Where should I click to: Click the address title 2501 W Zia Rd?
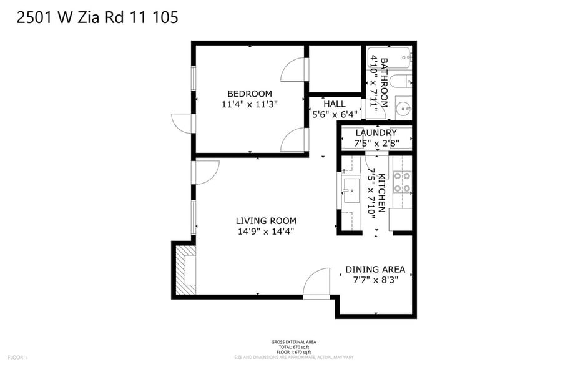click(x=97, y=17)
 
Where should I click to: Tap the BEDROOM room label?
click(x=249, y=94)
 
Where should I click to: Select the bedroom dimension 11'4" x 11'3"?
click(x=249, y=104)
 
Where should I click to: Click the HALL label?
click(x=334, y=104)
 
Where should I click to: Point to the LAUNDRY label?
click(x=376, y=133)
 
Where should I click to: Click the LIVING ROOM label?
click(x=266, y=220)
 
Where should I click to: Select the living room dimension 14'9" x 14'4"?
click(x=266, y=231)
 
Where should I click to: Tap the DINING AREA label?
click(x=375, y=270)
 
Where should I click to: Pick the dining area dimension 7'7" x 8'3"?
click(x=375, y=280)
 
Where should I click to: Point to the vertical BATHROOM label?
click(x=383, y=82)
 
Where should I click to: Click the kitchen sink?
click(x=352, y=186)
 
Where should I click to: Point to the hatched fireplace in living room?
click(x=185, y=268)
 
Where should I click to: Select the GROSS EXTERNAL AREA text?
click(x=293, y=342)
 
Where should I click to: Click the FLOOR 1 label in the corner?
click(x=17, y=357)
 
